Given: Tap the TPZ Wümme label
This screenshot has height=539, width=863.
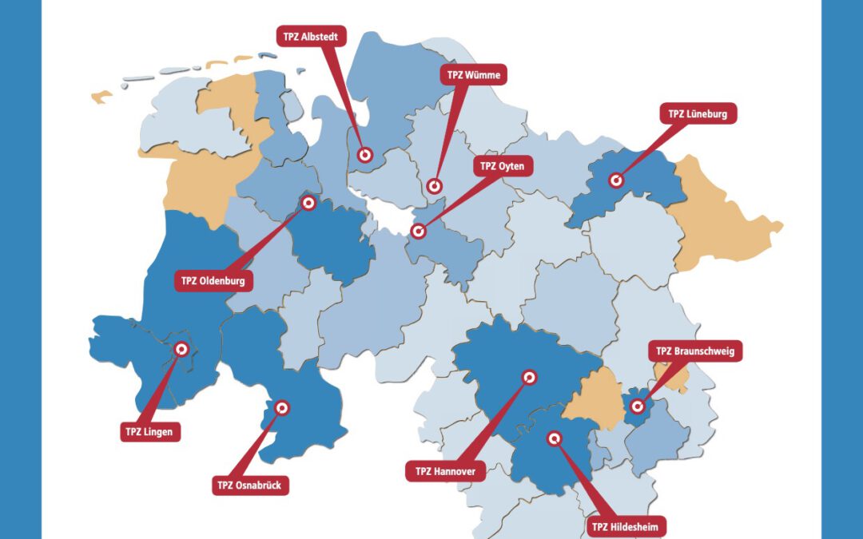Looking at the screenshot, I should point(473,75).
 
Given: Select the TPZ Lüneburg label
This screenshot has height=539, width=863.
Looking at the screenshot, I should point(698,114).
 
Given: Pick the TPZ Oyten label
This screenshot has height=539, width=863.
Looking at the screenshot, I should point(503,167).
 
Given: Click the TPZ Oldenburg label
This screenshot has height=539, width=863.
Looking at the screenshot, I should point(213,281).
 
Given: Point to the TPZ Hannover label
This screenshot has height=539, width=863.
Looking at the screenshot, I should point(445,471).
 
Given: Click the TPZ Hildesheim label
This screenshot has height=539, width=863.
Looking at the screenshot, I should point(626,526).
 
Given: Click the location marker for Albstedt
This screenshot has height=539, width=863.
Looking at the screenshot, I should point(365,156).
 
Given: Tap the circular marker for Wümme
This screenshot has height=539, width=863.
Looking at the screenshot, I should point(435,186).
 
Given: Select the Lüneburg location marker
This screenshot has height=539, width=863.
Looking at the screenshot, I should point(615,180).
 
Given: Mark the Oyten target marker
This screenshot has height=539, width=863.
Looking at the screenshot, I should point(418,232).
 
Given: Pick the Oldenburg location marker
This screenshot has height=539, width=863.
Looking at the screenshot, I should point(309,203).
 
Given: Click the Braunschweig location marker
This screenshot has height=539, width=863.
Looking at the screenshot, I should point(637,406).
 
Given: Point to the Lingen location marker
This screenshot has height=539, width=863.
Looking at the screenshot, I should point(181,349).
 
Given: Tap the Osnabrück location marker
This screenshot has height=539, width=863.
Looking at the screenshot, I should point(281,408).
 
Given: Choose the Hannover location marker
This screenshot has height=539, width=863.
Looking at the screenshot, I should point(530,377).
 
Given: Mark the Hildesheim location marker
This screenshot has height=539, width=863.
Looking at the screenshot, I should point(554,438).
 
